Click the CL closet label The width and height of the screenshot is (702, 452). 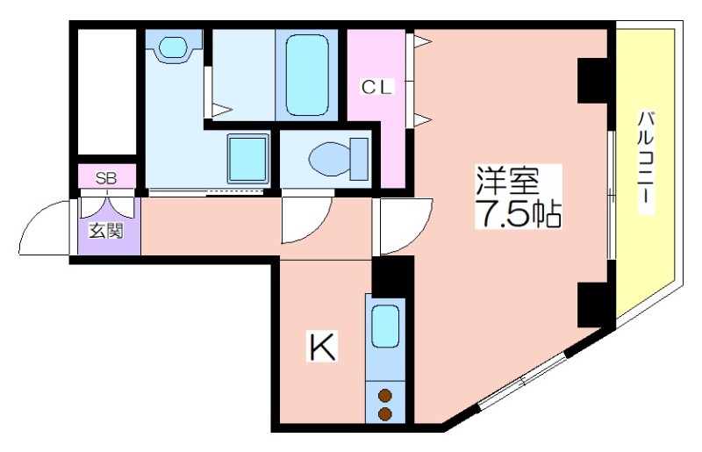tap(376, 88)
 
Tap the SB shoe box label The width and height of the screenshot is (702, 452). tap(106, 179)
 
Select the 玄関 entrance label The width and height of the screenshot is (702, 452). tap(106, 232)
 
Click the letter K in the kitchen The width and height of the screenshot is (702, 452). tap(322, 347)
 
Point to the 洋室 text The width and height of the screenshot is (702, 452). tap(507, 181)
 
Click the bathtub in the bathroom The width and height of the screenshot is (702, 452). tap(306, 75)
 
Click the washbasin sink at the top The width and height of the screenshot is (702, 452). tap(173, 47)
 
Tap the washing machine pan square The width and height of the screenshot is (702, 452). tap(247, 159)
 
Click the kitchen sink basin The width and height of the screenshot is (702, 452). tap(385, 326)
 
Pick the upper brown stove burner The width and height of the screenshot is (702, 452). tap(385, 396)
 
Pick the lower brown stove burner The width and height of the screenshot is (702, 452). tap(385, 413)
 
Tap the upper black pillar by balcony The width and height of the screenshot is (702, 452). tap(591, 81)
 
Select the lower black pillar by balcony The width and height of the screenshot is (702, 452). tap(591, 305)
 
